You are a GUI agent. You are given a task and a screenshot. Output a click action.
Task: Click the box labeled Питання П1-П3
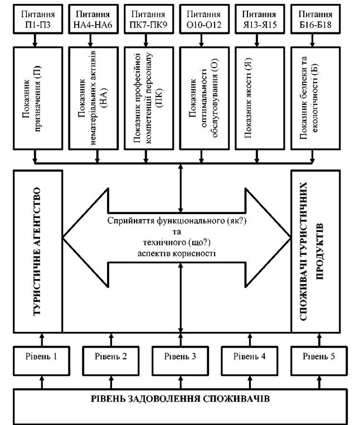click(38, 19)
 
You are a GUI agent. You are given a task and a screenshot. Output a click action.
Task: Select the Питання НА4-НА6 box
click(94, 19)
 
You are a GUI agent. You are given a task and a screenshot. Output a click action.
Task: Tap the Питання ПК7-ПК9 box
click(149, 19)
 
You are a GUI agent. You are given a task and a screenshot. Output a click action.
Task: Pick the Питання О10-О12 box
click(205, 19)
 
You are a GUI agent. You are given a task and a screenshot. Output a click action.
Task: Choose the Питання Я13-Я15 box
click(260, 19)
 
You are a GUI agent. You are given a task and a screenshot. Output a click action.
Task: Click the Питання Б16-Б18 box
click(315, 19)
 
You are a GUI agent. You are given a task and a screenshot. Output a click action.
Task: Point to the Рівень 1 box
click(41, 360)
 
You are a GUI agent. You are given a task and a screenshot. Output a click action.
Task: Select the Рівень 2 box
click(111, 360)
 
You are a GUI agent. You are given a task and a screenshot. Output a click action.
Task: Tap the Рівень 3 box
click(180, 360)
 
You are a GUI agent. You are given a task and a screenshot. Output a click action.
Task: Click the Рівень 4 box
click(250, 360)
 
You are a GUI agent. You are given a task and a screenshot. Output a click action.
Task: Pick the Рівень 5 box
click(319, 360)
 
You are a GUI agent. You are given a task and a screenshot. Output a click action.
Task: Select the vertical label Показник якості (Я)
click(248, 98)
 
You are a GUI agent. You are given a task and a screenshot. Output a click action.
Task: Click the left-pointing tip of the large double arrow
click(64, 239)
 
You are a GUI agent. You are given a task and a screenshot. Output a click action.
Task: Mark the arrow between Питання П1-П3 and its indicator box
click(35, 40)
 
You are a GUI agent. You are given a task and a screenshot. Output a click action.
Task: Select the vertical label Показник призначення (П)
click(32, 98)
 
